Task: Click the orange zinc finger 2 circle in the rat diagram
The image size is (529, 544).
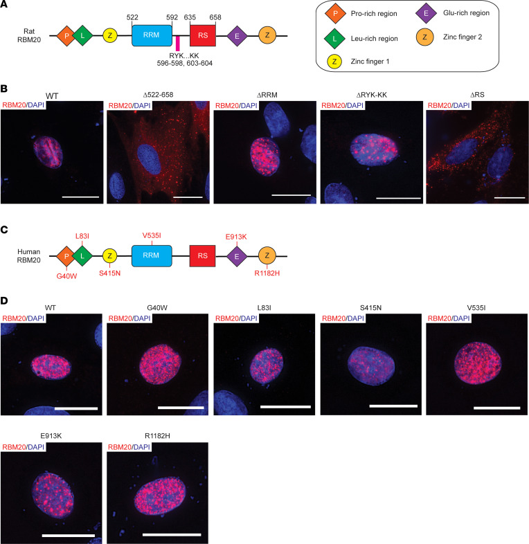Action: (269, 34)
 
